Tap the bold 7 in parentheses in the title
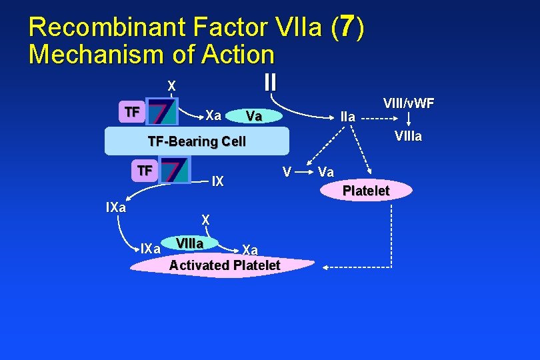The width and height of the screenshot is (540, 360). (346, 27)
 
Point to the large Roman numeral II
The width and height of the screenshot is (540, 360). (269, 82)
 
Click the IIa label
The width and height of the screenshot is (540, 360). (348, 117)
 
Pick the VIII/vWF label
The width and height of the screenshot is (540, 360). (409, 103)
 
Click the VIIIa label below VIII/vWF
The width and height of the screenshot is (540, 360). (408, 137)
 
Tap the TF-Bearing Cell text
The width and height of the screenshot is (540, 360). (196, 141)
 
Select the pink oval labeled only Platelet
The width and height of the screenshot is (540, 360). (366, 191)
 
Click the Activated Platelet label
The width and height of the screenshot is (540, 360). (225, 265)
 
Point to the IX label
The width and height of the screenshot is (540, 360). (217, 181)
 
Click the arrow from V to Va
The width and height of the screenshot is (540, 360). (303, 171)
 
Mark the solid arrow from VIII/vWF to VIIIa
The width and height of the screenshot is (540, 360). (409, 120)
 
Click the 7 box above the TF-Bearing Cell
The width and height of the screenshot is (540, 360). (163, 112)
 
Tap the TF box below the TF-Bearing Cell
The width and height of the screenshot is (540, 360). (143, 170)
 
